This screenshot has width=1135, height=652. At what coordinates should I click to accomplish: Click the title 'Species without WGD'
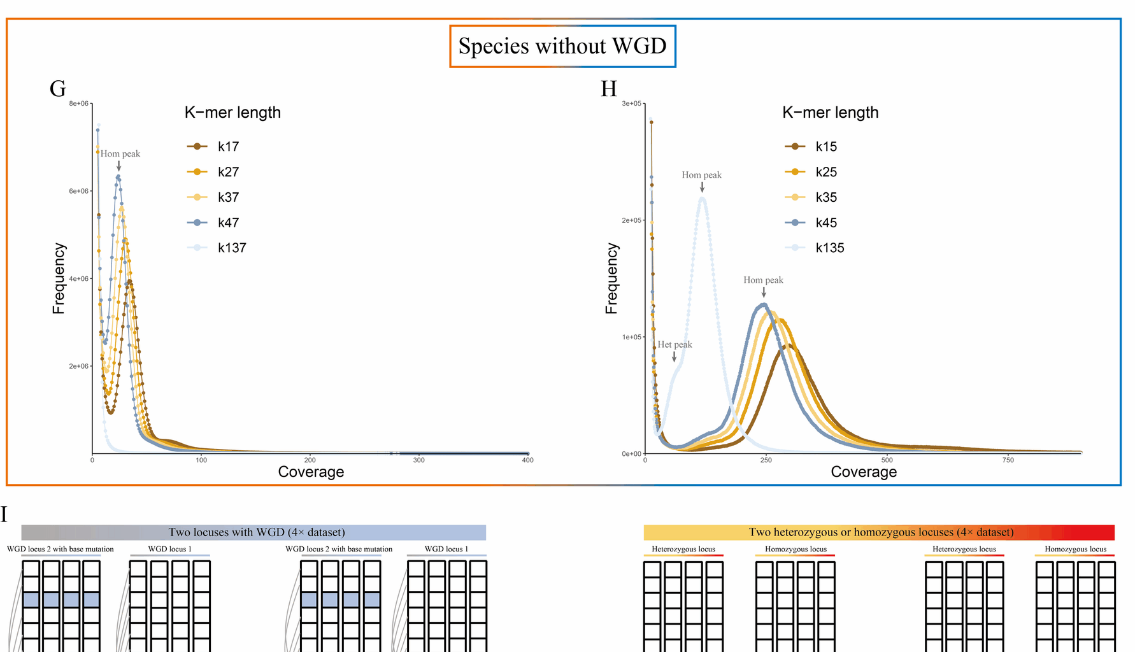click(x=562, y=46)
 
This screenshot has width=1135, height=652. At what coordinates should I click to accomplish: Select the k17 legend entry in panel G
click(x=217, y=146)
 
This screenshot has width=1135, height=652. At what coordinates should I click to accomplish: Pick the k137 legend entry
click(x=219, y=248)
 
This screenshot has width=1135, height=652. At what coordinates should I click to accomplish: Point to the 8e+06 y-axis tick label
click(x=79, y=103)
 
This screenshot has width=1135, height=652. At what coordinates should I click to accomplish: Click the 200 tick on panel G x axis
click(x=310, y=460)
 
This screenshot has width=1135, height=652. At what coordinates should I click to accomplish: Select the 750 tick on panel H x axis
click(x=1008, y=460)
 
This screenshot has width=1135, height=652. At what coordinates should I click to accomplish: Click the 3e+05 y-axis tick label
click(x=631, y=103)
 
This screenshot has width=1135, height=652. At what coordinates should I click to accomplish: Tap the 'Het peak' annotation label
click(x=675, y=344)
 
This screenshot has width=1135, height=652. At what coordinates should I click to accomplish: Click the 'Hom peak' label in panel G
click(x=120, y=153)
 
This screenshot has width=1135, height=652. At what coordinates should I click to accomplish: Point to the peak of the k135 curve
click(x=702, y=198)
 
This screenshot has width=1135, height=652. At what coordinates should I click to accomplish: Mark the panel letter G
click(x=57, y=89)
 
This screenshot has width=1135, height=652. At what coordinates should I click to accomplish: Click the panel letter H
click(x=609, y=89)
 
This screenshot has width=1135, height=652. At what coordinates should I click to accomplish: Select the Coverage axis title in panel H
click(x=864, y=472)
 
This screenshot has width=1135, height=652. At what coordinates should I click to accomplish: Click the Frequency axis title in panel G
click(x=59, y=278)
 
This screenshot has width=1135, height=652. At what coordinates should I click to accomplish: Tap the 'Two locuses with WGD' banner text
click(x=257, y=532)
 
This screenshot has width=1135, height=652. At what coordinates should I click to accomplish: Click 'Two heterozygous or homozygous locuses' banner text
click(x=881, y=532)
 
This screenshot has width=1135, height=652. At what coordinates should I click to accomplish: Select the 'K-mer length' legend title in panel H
click(x=830, y=113)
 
